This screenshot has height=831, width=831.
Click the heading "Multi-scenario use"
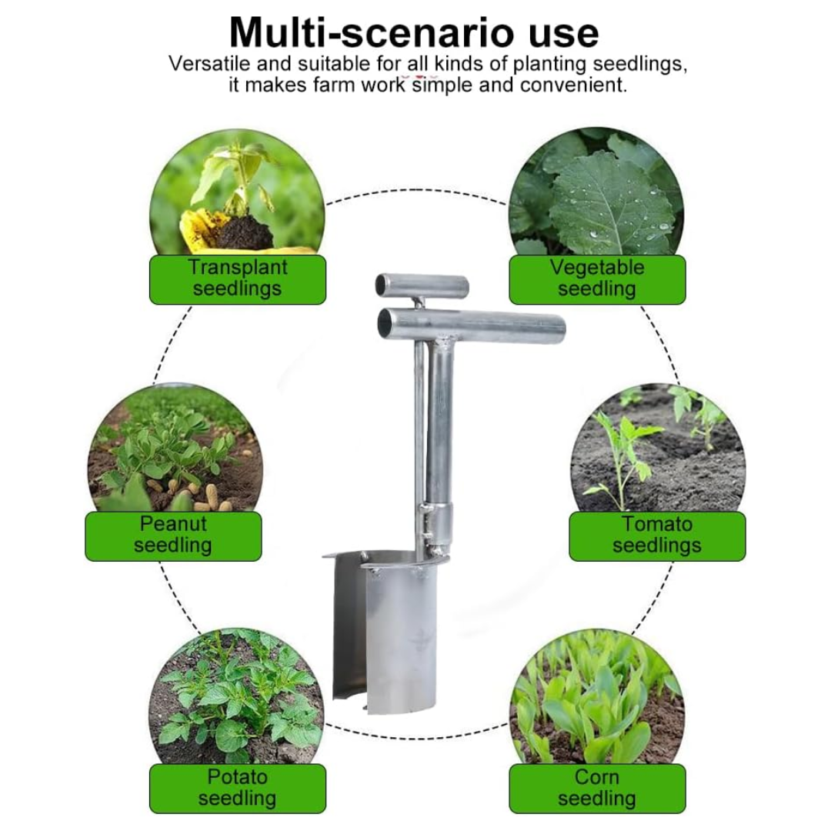414,33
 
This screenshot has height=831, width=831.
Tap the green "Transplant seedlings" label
238,279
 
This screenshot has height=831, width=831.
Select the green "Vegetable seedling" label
597,279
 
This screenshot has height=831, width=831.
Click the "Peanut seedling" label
173,536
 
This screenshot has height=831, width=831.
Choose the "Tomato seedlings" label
657,536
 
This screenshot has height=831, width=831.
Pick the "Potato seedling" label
238,789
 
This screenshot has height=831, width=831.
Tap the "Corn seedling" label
597,789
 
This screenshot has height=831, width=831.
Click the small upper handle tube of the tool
422,285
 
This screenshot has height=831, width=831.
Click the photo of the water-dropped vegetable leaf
597,192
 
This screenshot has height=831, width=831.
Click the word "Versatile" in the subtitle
209,64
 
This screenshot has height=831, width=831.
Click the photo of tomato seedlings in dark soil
658,449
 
